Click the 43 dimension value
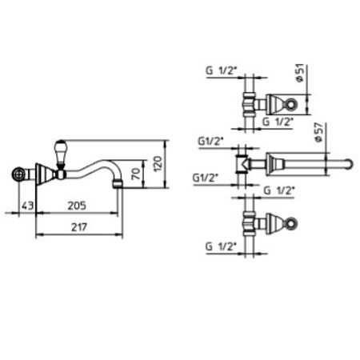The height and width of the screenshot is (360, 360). click(28, 206)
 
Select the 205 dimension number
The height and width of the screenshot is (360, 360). click(77, 206)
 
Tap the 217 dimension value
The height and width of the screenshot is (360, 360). click(79, 227)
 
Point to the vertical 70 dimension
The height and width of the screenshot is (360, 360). click(136, 174)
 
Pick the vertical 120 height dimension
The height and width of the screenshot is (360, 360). click(158, 164)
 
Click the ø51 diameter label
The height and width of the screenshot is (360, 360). click(300, 73)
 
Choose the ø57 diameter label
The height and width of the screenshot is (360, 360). click(319, 132)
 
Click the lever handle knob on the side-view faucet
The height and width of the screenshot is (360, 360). click(60, 153)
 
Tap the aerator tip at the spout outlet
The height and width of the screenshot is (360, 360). click(118, 183)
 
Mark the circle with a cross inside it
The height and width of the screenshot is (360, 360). click(18, 174)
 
